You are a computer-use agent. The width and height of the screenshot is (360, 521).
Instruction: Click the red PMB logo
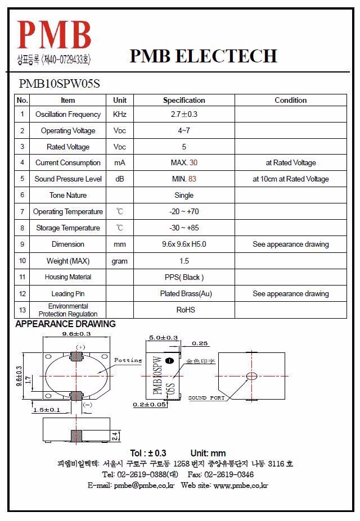tap(54, 35)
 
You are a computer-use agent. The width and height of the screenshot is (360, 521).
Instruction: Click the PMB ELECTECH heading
tap(203, 56)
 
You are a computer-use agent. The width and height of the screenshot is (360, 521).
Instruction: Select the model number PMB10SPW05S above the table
tap(60, 84)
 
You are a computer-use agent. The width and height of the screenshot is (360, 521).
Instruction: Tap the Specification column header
tap(184, 100)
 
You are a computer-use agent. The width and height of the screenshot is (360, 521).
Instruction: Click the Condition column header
tap(290, 100)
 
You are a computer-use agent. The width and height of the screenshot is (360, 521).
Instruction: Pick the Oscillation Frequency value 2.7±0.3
tap(184, 114)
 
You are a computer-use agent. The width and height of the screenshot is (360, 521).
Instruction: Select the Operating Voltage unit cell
tap(120, 130)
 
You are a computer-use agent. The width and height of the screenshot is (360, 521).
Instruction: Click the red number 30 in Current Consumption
tap(193, 163)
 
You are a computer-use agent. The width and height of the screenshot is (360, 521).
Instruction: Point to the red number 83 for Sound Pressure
tap(192, 179)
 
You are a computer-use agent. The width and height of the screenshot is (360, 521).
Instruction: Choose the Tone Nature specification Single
tap(184, 196)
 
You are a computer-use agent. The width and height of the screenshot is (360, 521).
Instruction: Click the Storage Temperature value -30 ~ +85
tap(184, 228)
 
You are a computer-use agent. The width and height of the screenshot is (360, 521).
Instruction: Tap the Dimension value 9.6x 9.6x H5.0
tap(184, 244)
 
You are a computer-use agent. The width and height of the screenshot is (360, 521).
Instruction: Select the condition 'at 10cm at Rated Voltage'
tap(290, 179)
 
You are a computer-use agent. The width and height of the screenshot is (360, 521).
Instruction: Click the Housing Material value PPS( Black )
tap(184, 277)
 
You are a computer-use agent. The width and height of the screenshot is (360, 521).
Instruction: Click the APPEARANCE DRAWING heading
tap(65, 324)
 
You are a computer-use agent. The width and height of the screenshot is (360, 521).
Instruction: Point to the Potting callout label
tap(128, 360)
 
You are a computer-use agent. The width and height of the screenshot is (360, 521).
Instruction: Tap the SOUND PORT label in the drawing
tap(206, 398)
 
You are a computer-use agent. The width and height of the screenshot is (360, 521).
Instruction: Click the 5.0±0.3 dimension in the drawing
tap(163, 338)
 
